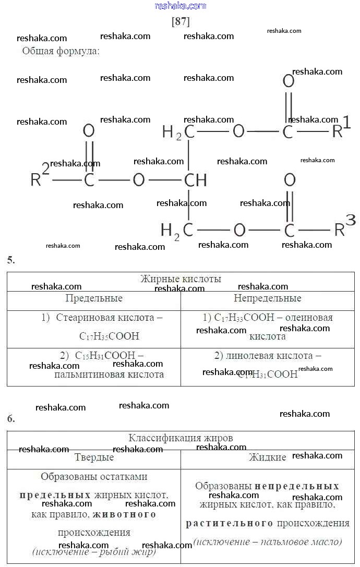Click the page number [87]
pyautogui.click(x=181, y=22)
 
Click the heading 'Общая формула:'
pyautogui.click(x=61, y=51)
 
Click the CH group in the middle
pyautogui.click(x=195, y=180)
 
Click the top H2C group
pyautogui.click(x=178, y=132)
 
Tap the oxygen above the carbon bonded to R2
pyautogui.click(x=89, y=130)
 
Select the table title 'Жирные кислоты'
pyautogui.click(x=181, y=279)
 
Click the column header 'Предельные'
pyautogui.click(x=94, y=298)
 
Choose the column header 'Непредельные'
pyautogui.click(x=267, y=298)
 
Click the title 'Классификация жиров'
pyautogui.click(x=181, y=438)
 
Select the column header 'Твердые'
pyautogui.click(x=94, y=457)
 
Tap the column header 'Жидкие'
pyautogui.click(x=267, y=457)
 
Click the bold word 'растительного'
pyautogui.click(x=230, y=523)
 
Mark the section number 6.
pyautogui.click(x=11, y=418)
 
